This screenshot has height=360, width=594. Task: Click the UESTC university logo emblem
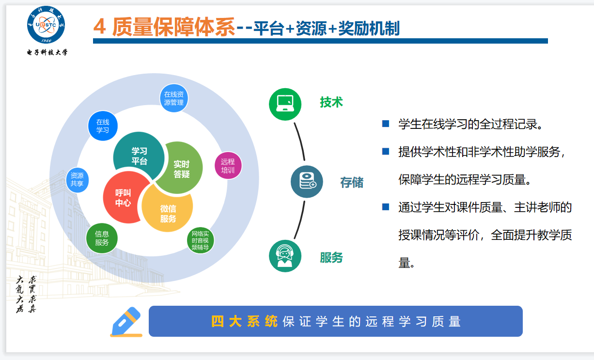click(46, 25)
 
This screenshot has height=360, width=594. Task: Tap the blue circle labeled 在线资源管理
click(173, 98)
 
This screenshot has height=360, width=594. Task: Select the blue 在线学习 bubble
click(103, 126)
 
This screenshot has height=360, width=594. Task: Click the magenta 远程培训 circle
click(228, 166)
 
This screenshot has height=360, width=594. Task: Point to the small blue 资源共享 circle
click(77, 180)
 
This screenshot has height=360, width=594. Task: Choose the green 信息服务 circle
click(102, 238)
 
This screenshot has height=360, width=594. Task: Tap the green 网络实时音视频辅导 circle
click(200, 240)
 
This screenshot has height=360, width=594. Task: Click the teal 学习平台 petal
click(139, 155)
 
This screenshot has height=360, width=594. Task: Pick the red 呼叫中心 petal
click(124, 198)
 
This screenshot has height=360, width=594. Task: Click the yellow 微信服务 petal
click(168, 209)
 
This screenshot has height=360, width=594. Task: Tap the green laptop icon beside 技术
click(285, 104)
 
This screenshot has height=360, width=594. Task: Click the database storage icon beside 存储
click(307, 182)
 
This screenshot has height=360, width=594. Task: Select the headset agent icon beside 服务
click(285, 256)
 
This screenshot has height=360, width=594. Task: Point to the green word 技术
click(331, 102)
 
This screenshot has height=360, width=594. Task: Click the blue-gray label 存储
click(352, 182)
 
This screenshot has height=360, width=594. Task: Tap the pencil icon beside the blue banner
click(126, 322)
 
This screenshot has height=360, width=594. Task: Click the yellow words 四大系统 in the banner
click(244, 322)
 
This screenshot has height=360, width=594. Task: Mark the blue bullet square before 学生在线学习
click(386, 124)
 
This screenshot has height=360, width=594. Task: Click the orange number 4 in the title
click(100, 27)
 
